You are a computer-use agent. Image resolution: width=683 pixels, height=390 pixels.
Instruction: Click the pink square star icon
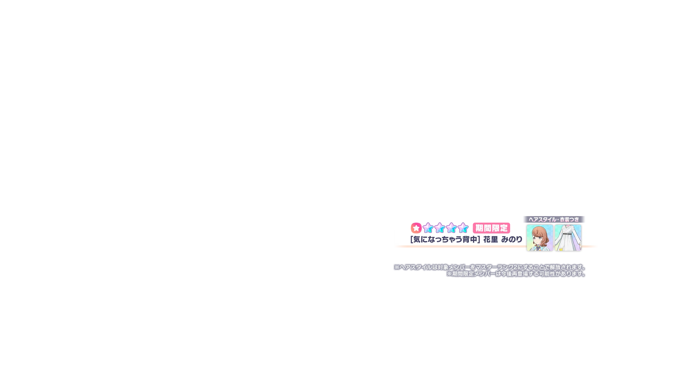click(x=416, y=228)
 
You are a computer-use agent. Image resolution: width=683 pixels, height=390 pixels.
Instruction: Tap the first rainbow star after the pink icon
click(x=428, y=228)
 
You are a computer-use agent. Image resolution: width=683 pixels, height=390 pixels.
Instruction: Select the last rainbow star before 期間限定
click(x=463, y=228)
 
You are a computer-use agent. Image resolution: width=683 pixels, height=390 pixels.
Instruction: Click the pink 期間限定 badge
click(x=491, y=228)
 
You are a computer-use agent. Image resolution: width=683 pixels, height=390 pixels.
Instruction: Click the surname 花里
click(x=491, y=239)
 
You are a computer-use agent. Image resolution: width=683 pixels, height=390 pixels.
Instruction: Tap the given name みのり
click(x=512, y=239)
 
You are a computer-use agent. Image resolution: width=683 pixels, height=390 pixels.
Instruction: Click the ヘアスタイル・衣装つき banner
click(x=554, y=219)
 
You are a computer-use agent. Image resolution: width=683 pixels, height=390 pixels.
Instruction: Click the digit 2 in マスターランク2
click(x=515, y=267)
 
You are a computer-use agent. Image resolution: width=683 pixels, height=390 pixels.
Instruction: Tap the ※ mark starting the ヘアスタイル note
click(x=397, y=267)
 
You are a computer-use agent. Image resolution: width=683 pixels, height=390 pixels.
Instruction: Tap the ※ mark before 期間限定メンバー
click(x=449, y=274)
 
